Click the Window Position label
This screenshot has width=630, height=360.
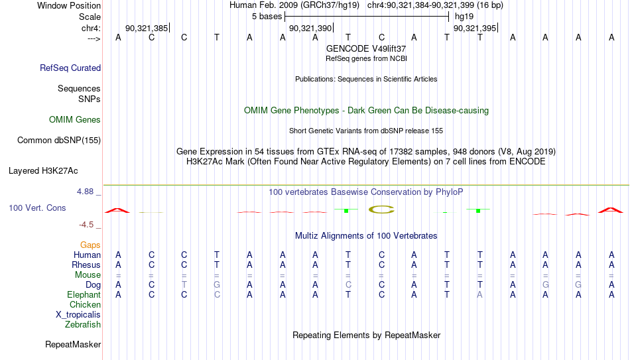click(x=69, y=5)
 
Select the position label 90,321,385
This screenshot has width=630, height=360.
click(x=147, y=28)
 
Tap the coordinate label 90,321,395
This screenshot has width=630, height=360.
click(x=475, y=28)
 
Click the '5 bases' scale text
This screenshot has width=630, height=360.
click(x=267, y=17)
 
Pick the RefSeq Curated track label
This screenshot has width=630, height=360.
click(x=70, y=68)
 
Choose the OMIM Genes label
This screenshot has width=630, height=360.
click(x=75, y=120)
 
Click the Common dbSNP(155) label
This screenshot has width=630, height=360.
click(x=59, y=141)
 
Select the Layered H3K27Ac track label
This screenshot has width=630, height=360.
click(x=43, y=171)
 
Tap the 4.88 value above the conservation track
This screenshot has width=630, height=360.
click(x=85, y=192)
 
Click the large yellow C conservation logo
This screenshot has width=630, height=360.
click(x=381, y=210)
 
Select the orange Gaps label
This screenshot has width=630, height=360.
click(x=90, y=245)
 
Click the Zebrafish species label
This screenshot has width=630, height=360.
click(x=83, y=325)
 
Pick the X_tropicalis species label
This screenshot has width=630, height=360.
click(x=78, y=315)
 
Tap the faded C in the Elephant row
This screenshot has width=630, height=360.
click(x=217, y=295)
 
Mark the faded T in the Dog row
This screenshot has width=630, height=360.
click(x=184, y=285)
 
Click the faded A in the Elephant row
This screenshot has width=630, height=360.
click(x=479, y=295)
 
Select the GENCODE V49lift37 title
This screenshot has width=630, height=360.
click(x=366, y=48)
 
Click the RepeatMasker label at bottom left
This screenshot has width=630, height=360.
click(x=73, y=344)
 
